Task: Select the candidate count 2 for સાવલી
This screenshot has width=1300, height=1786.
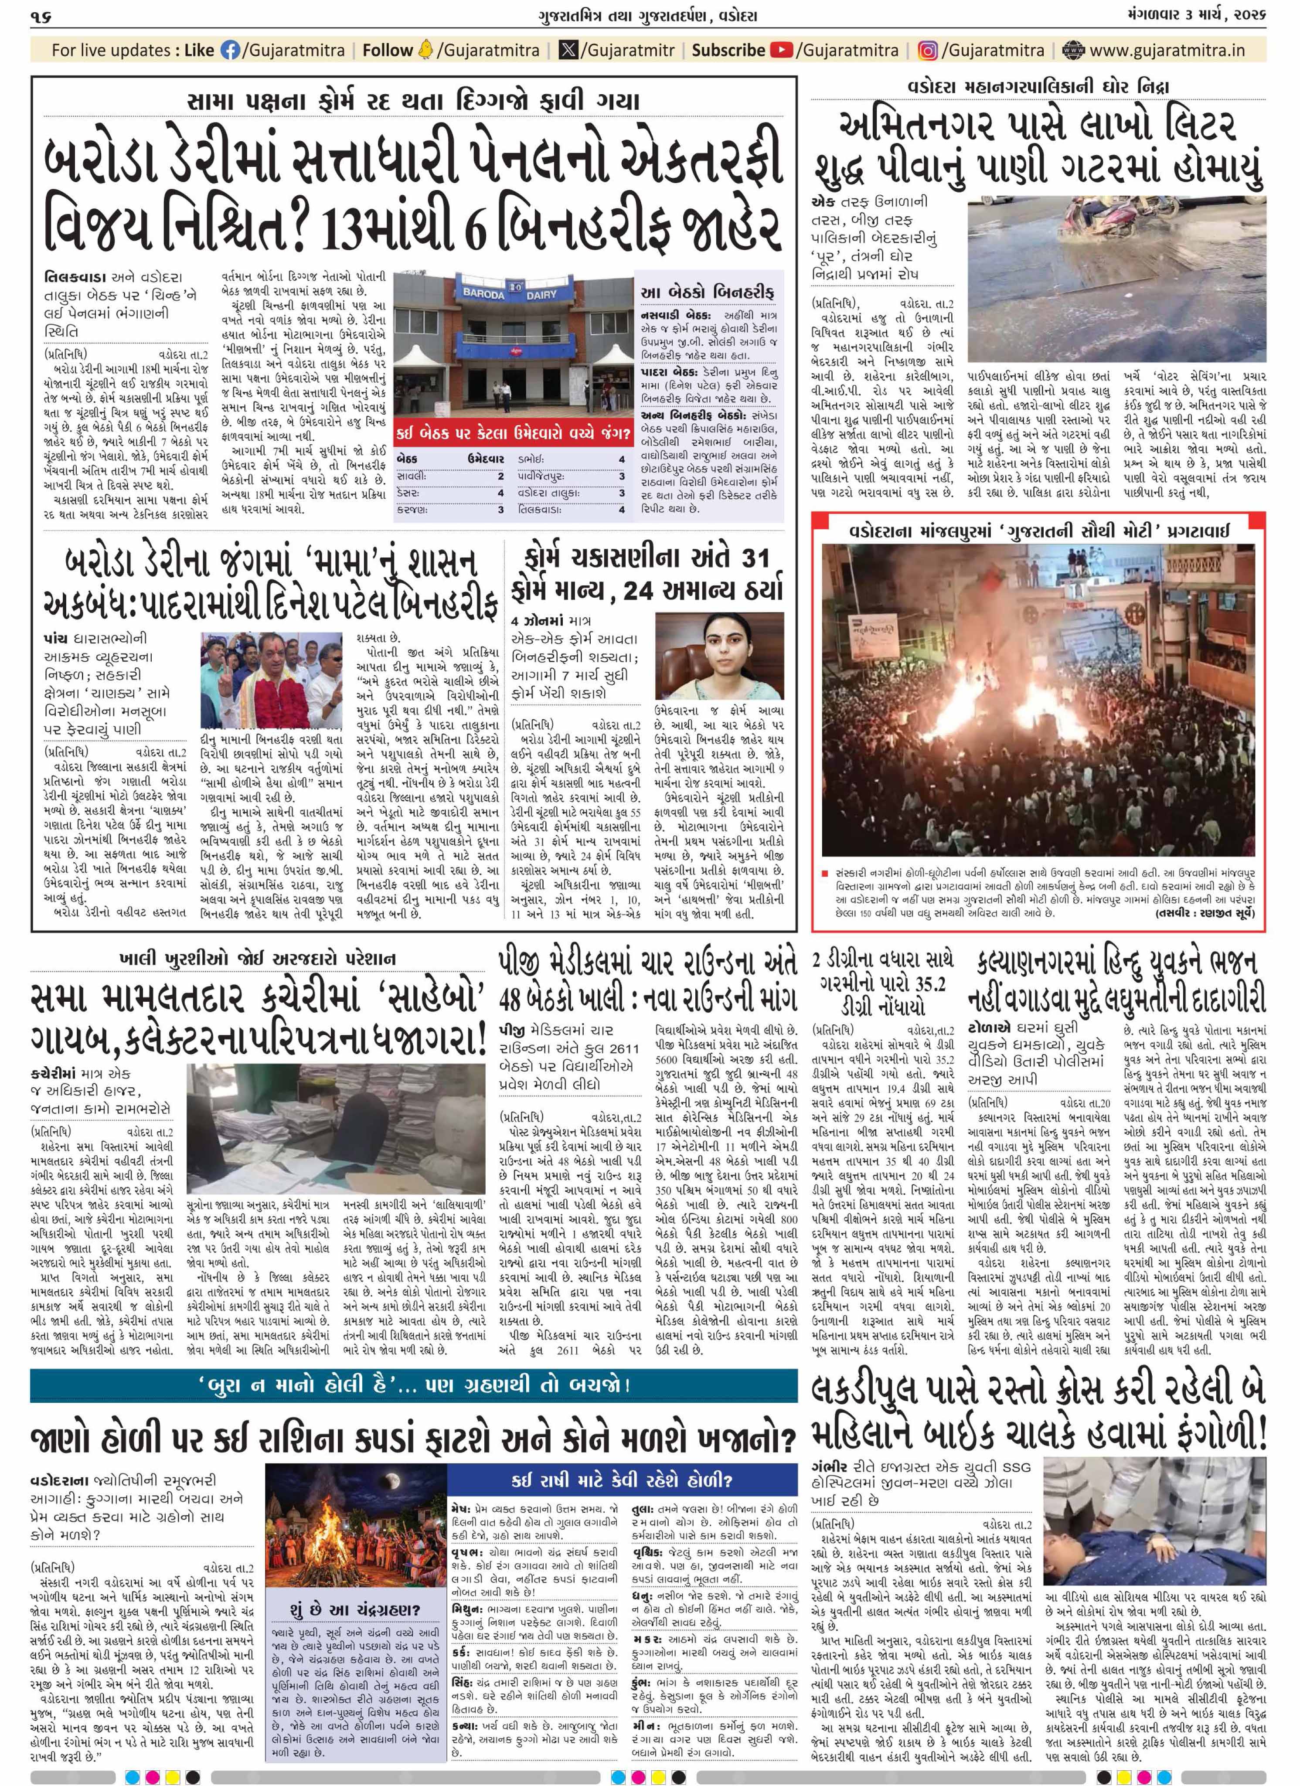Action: [500, 476]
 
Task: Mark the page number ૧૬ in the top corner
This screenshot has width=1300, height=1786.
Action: [41, 16]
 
